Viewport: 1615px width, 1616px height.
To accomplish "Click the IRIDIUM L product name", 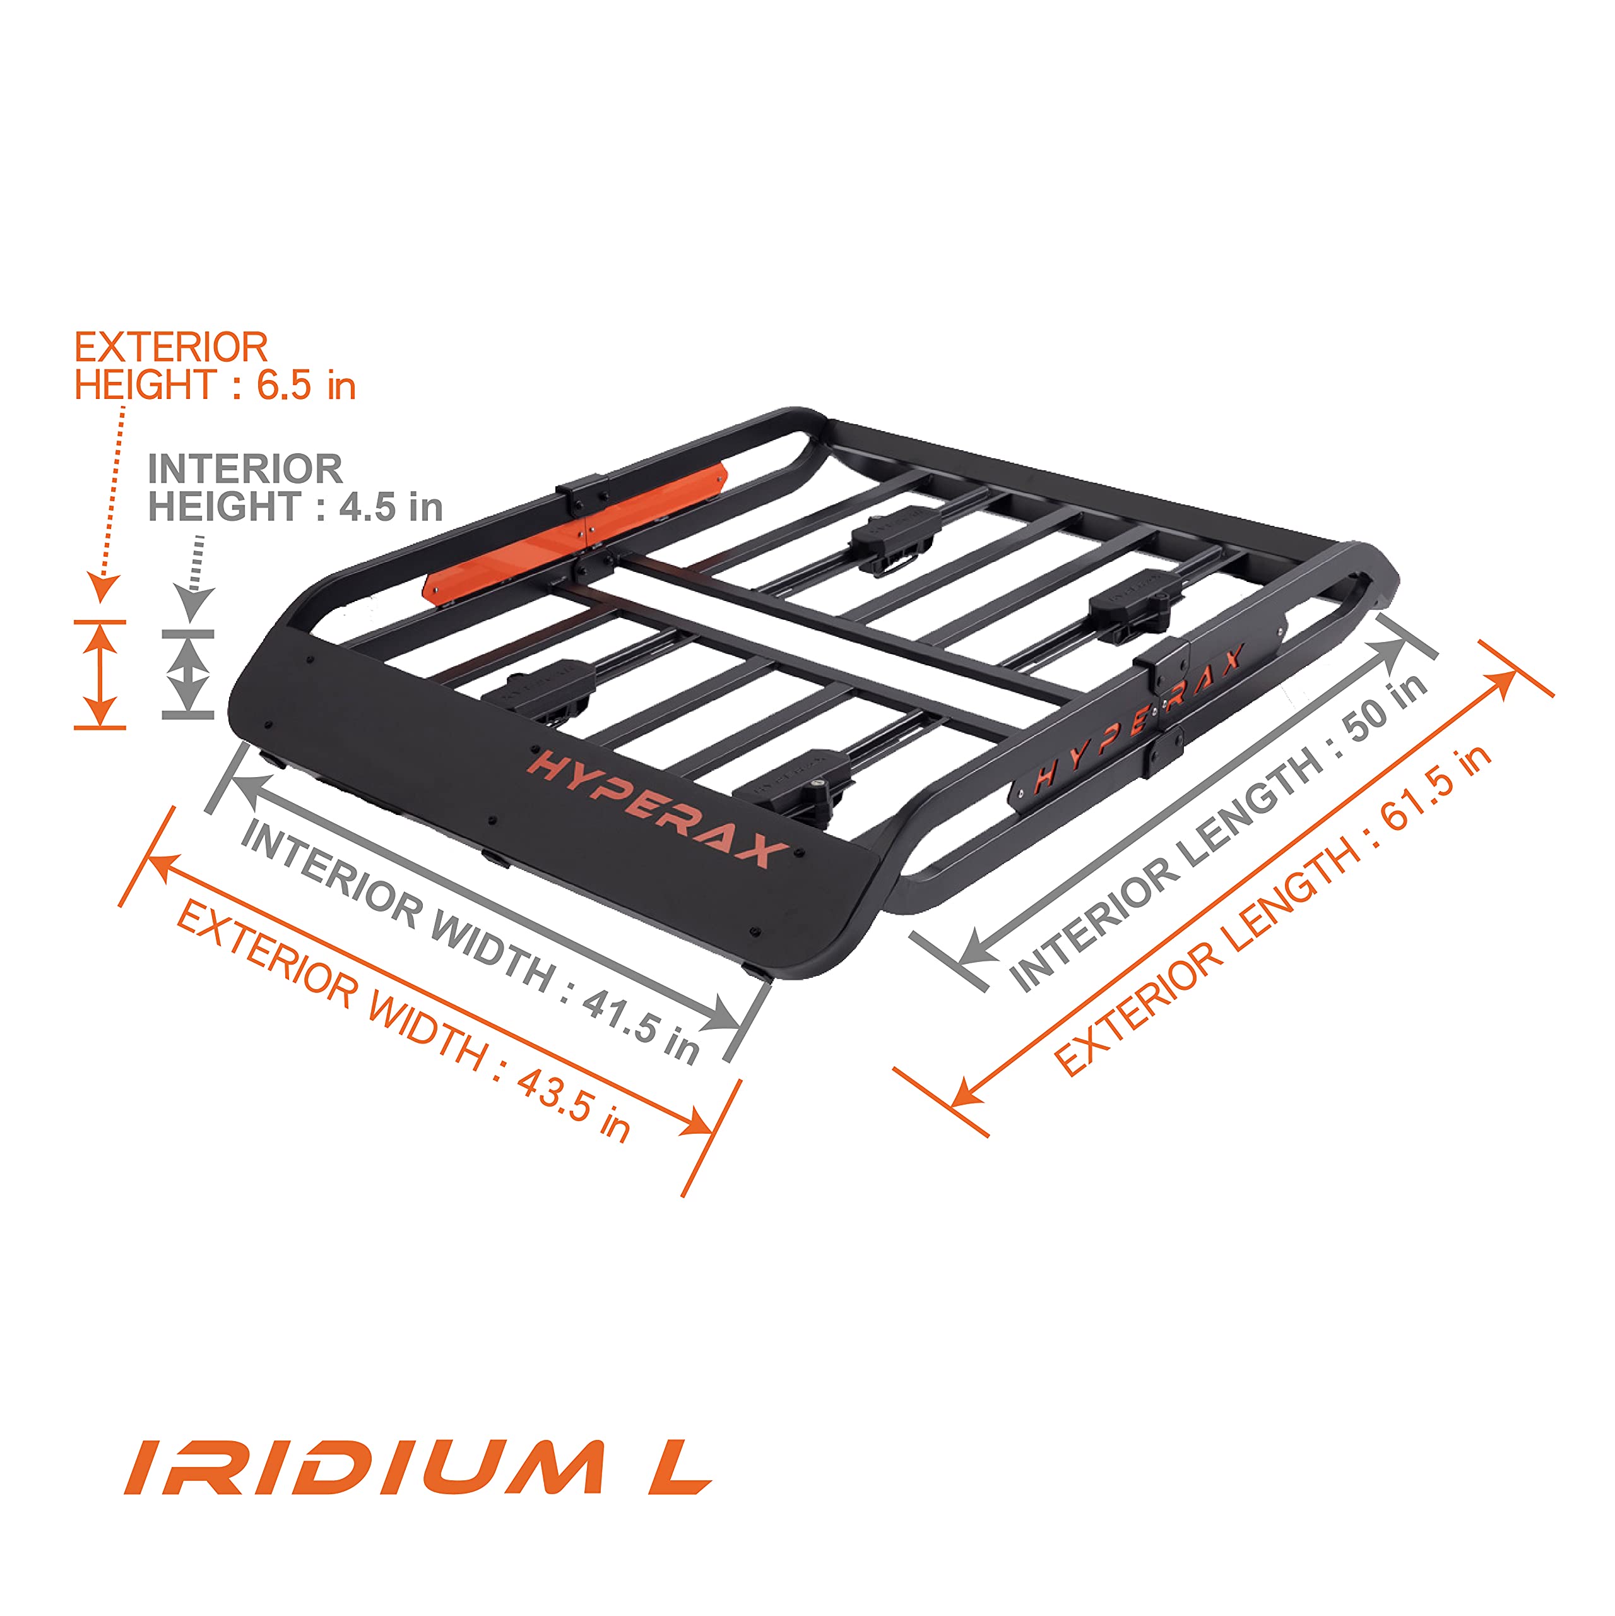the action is pos(416,1466).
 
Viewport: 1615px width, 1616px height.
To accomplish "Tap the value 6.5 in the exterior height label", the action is pos(285,385).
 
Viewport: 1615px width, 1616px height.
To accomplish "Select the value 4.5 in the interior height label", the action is pos(366,507).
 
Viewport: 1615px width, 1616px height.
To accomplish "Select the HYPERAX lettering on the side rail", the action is pos(1139,721).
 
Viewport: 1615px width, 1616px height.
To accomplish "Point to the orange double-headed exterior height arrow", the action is pos(100,674).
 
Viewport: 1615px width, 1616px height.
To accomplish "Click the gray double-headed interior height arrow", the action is pos(189,674).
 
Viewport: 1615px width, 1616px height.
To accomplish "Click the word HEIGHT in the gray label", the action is pos(223,507).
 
